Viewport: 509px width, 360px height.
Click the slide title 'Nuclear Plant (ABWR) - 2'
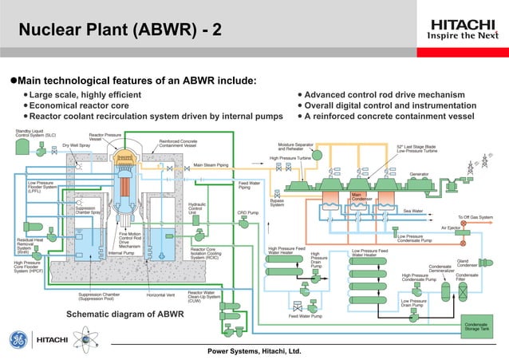pos(120,31)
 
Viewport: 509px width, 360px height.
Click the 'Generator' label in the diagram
pos(420,174)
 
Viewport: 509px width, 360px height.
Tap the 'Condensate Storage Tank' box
pos(482,326)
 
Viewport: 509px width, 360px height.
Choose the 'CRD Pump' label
pos(248,212)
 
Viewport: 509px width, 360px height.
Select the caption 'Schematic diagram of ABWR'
pos(124,314)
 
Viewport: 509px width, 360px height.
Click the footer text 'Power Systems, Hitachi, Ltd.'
pos(254,351)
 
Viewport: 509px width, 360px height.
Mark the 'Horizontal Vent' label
pos(162,294)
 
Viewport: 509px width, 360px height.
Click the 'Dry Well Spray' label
pos(76,145)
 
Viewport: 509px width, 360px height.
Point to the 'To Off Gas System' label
pos(475,217)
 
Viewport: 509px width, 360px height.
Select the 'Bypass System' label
pos(277,204)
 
